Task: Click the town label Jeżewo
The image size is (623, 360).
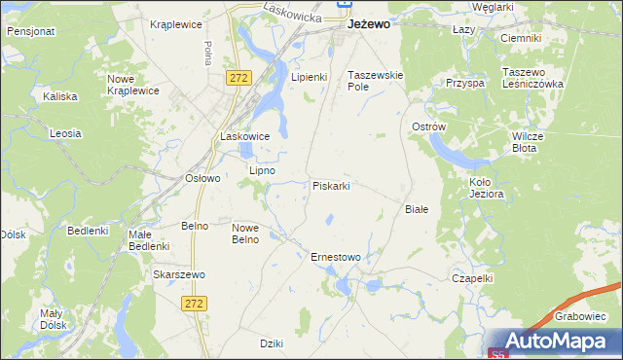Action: pos(370,25)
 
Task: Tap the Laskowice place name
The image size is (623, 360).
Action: pos(244,136)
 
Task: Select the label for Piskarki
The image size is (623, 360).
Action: pos(331,185)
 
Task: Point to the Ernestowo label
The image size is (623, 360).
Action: pos(335,257)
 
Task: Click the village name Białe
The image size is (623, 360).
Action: pos(417,208)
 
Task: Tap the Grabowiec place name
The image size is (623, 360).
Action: pos(582,315)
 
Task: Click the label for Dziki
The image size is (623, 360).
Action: pos(272,343)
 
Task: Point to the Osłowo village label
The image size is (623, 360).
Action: pos(203,178)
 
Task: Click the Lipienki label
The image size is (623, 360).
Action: pos(310,76)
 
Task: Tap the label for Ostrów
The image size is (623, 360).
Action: pos(428,127)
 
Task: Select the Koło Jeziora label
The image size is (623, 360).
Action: pos(486,188)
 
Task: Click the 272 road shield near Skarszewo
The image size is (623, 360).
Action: pos(193,304)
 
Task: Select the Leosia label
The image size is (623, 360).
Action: pos(65,132)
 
